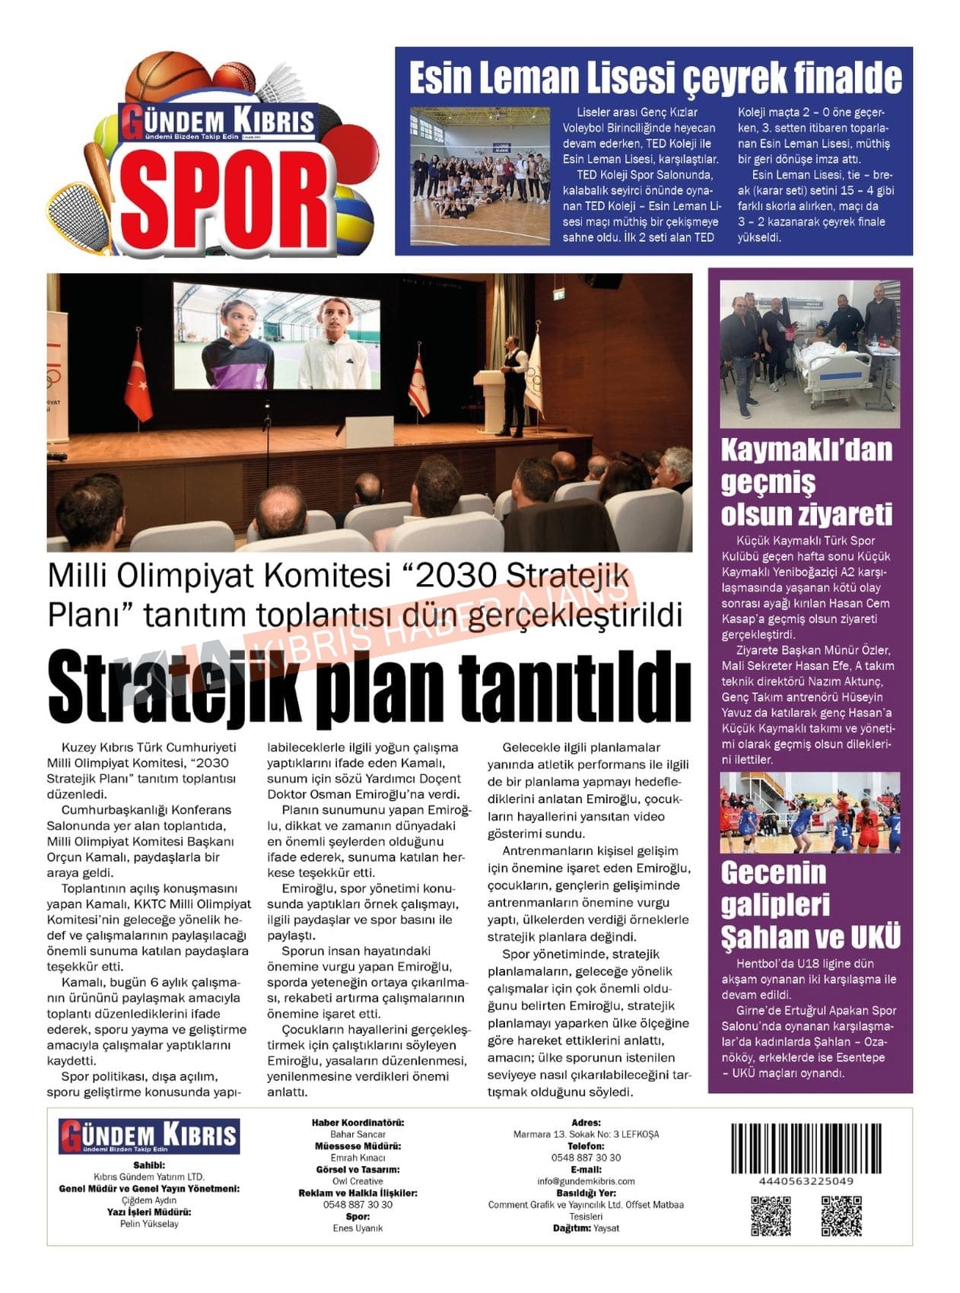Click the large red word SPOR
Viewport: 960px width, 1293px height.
point(226,199)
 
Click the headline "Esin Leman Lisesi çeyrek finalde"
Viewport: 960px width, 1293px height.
point(654,78)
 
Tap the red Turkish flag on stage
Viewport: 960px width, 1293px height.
point(138,380)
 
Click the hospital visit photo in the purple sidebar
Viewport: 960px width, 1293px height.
point(809,354)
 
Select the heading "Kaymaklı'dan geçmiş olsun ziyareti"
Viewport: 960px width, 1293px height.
point(806,481)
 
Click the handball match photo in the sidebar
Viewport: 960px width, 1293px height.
point(809,812)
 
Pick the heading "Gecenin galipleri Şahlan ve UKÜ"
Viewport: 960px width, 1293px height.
point(809,904)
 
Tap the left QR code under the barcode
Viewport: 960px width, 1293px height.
point(771,1215)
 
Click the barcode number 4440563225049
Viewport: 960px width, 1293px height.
point(806,1181)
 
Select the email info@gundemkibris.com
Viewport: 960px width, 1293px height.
point(586,1181)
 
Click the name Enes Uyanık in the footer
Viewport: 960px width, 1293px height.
point(358,1228)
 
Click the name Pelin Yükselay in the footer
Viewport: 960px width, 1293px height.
point(149,1224)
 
